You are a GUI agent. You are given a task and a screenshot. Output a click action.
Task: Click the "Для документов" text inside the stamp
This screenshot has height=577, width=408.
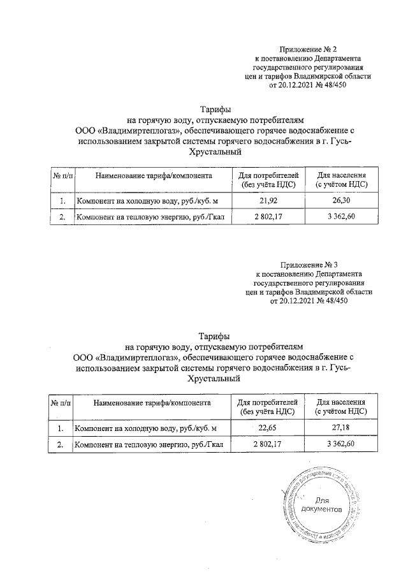point(329,505)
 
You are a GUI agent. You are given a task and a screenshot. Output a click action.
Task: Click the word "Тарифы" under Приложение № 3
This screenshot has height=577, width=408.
point(215,335)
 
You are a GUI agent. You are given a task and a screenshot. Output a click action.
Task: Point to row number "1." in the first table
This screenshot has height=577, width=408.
point(62,201)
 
